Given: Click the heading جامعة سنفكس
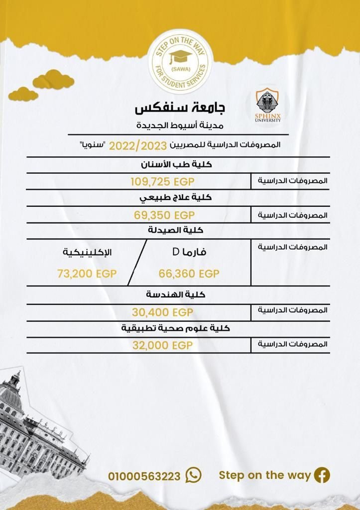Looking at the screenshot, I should pyautogui.click(x=180, y=108).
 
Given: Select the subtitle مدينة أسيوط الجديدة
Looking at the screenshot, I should pyautogui.click(x=180, y=126).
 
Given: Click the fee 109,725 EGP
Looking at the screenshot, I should pyautogui.click(x=161, y=180).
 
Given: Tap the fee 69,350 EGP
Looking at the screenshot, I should pyautogui.click(x=164, y=215).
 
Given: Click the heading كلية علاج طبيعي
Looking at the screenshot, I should pyautogui.click(x=175, y=197).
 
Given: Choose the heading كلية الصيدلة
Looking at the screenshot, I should pyautogui.click(x=176, y=231).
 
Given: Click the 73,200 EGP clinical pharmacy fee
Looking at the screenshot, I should pyautogui.click(x=86, y=273).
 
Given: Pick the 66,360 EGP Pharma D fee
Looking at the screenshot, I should pyautogui.click(x=189, y=273).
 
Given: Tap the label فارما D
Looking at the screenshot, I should pyautogui.click(x=189, y=252).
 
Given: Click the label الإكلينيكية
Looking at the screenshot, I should pyautogui.click(x=87, y=252).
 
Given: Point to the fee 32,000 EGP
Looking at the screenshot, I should pyautogui.click(x=162, y=346).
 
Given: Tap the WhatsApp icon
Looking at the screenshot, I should pyautogui.click(x=193, y=475).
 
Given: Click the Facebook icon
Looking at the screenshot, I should pyautogui.click(x=322, y=475).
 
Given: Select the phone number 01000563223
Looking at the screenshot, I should pyautogui.click(x=144, y=476).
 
